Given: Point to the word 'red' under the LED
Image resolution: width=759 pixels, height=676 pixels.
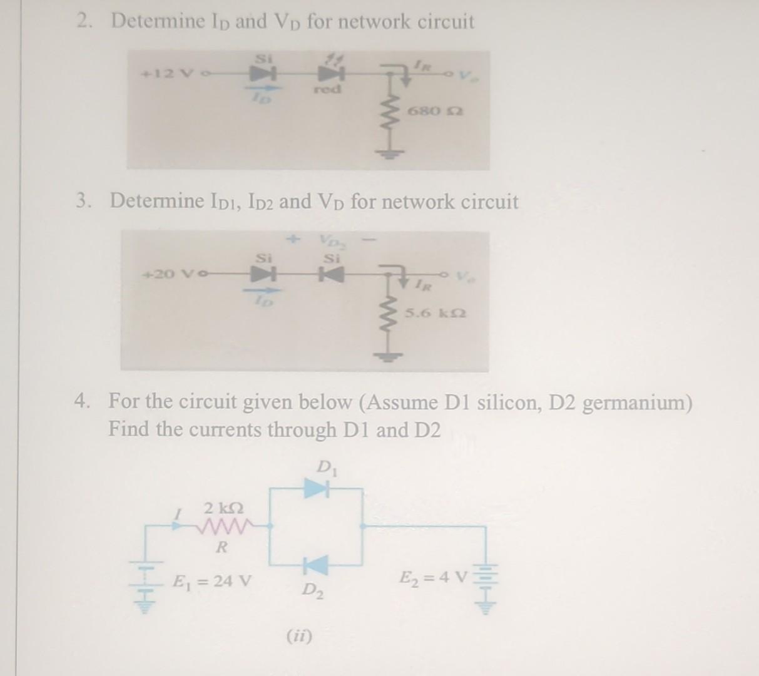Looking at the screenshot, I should tap(327, 90).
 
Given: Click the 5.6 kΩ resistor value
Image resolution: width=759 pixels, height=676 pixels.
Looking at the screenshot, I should tap(435, 312).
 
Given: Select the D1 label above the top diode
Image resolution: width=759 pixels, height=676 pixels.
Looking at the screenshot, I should tap(325, 467).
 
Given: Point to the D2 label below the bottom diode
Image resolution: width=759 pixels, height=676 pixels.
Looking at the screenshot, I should tap(313, 590).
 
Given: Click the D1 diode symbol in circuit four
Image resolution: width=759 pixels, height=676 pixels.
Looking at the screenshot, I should tap(317, 488).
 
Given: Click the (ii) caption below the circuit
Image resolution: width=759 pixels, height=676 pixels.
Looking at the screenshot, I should tap(300, 637).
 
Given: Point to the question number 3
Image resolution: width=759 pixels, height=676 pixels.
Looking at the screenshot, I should tap(81, 202).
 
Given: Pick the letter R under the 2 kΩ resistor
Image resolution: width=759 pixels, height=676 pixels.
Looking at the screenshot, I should tap(220, 548).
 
